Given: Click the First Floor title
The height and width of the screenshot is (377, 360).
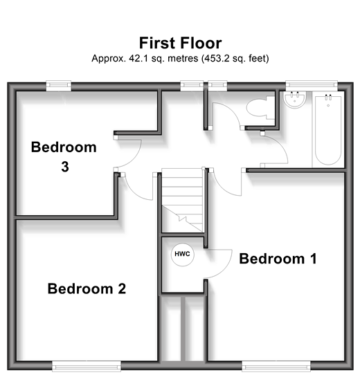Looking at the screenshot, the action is [180, 43].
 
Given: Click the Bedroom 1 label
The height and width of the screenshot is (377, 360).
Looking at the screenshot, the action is [278, 259].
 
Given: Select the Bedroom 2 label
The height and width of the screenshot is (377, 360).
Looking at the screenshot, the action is [87, 288].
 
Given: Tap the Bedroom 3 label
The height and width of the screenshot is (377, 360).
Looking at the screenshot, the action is [64, 157].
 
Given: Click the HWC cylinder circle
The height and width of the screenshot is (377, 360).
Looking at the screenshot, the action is [182, 255].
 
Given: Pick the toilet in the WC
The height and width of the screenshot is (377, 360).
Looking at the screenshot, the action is [260, 107].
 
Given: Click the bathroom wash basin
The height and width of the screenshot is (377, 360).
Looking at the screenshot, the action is [295, 100].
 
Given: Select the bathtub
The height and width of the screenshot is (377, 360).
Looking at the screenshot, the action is [328, 129].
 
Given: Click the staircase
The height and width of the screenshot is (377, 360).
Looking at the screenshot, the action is [182, 201].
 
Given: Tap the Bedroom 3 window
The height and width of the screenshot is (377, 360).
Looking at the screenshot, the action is [58, 86].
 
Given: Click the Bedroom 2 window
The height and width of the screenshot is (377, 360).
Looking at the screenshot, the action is [87, 366].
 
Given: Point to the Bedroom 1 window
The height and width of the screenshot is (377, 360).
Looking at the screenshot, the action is [276, 366].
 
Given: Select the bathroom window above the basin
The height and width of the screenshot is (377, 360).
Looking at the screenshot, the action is [312, 85].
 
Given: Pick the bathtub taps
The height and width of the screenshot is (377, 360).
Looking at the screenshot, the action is [328, 97].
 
